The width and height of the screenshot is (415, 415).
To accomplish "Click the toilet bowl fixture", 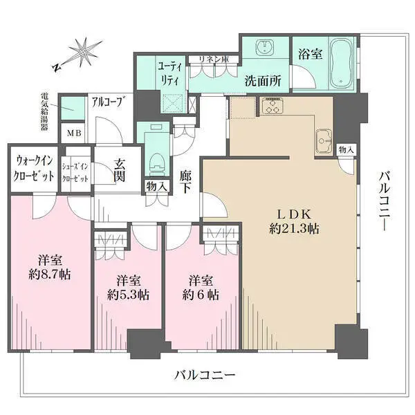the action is (157, 165).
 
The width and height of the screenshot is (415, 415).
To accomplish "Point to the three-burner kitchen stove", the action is (272, 105).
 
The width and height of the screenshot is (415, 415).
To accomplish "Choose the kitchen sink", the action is (324, 141).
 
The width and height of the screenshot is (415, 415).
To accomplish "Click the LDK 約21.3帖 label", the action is (294, 222).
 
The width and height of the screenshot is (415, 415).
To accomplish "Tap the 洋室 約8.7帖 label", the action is (50, 267).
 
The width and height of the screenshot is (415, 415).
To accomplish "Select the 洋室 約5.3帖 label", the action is (128, 288).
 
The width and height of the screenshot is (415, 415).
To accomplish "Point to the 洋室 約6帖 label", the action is (201, 288).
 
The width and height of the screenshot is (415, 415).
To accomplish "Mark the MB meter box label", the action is (74, 133).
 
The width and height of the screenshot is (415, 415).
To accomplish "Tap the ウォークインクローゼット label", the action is (34, 168).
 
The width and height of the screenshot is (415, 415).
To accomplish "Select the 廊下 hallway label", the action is (185, 182).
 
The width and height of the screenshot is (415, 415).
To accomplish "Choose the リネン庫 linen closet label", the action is (214, 59).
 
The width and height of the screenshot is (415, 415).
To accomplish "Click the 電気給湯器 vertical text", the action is (45, 111).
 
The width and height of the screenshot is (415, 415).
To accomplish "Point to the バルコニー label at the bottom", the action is (204, 375).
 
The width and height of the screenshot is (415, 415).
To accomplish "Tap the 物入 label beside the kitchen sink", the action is (346, 150).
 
